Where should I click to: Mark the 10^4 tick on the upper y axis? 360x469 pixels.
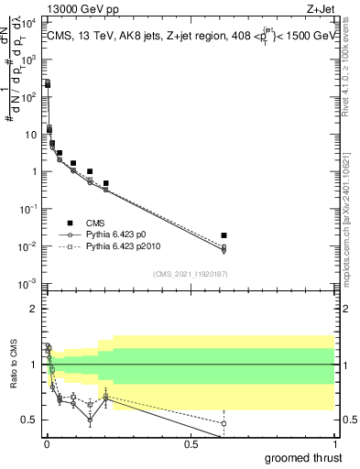30,21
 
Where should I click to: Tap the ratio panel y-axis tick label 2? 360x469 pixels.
34,309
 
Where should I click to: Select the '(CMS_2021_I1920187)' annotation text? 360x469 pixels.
190,274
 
